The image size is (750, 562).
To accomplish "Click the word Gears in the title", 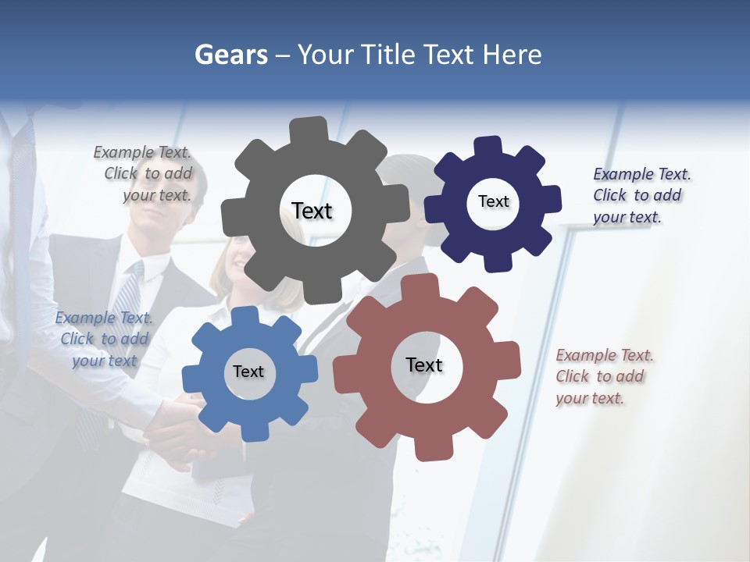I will [x=231, y=55].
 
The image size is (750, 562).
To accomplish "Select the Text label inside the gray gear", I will [x=312, y=211].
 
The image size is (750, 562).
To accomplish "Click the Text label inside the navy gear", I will [x=493, y=201].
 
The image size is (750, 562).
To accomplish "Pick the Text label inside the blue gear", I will [x=248, y=372].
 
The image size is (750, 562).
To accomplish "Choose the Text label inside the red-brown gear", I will [x=424, y=365].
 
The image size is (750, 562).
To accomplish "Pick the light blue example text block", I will [x=104, y=339].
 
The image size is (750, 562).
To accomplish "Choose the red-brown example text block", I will [x=602, y=376].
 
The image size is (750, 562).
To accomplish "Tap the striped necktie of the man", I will [x=127, y=297].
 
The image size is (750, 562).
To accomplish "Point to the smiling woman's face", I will [x=236, y=261].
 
